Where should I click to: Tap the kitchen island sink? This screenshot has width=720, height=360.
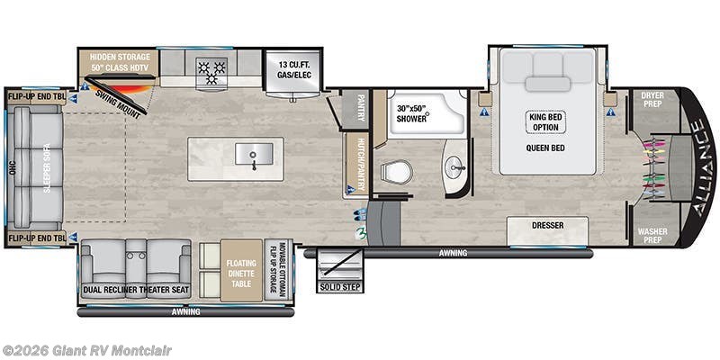coord(253,156)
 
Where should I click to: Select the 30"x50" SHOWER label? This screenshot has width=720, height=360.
coord(418,118)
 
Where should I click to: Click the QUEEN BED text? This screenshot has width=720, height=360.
coord(545,148)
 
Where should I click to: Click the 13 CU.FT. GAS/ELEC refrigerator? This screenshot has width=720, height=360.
coord(287,67)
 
